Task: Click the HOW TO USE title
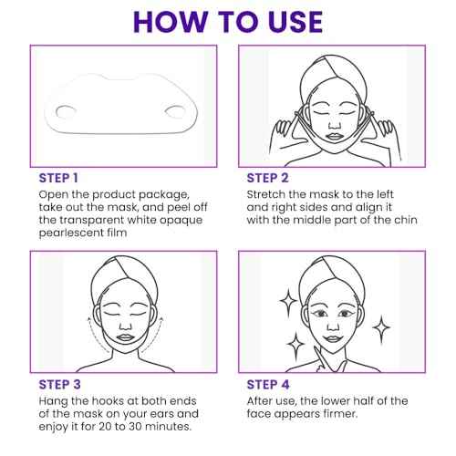point(227,21)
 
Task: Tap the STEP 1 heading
point(59,178)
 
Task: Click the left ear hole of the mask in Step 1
point(65,111)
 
